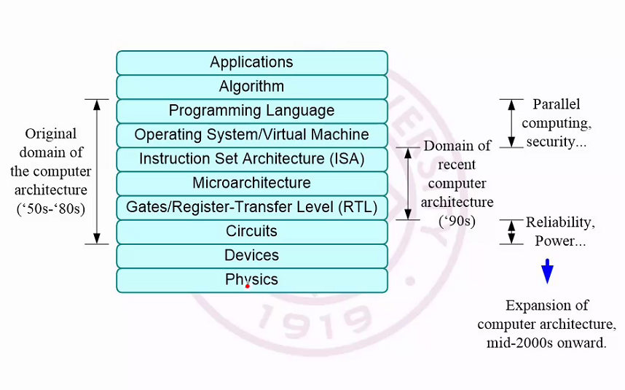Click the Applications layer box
pos(251,63)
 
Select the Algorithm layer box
pos(251,87)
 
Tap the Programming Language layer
pos(251,111)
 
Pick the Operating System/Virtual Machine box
pos(251,135)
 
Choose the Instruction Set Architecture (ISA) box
pos(251,159)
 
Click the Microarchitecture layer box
pos(251,183)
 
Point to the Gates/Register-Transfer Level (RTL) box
pos(251,207)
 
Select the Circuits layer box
pos(251,231)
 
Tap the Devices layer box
pos(251,255)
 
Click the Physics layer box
pos(251,279)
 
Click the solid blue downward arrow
pos(547,273)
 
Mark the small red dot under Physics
pos(248,286)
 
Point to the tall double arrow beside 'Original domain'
pos(97,171)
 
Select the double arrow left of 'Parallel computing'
pos(511,123)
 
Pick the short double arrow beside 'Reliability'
pos(511,232)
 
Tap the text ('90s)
pos(457,219)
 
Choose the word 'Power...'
pos(561,241)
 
